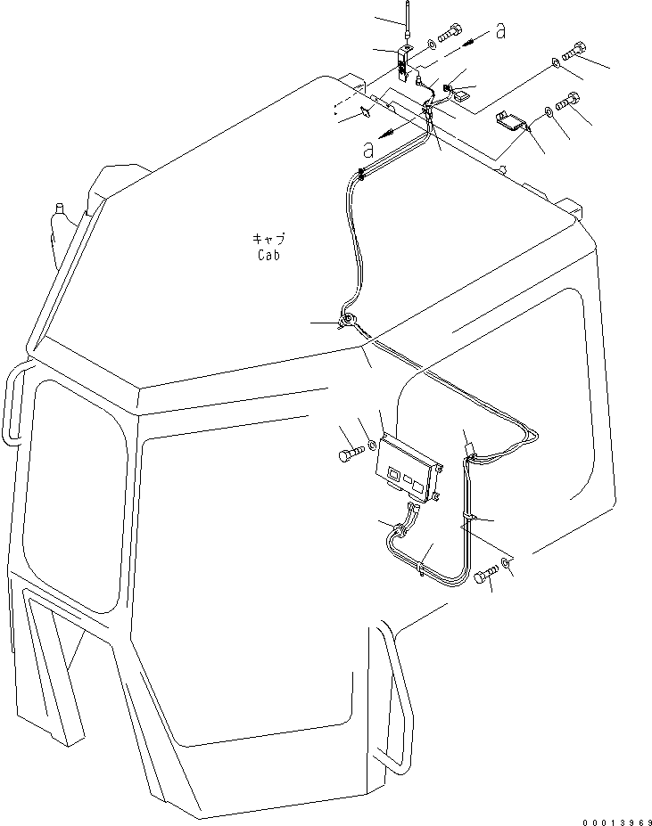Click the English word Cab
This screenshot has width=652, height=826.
coord(269,255)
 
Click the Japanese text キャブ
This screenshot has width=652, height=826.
coord(269,239)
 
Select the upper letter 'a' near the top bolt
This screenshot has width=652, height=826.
coord(500,30)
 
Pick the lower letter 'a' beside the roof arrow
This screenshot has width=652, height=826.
coord(368,150)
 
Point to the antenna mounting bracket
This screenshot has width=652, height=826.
coord(403,62)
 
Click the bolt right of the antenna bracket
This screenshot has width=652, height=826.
coord(449,33)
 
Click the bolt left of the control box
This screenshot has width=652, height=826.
coord(351,453)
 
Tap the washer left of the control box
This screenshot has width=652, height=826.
coord(373,446)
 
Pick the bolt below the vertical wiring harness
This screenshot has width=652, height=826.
coord(486,574)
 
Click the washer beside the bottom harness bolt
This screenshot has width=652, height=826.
coord(506,564)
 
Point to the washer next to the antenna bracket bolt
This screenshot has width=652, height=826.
coord(431,43)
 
